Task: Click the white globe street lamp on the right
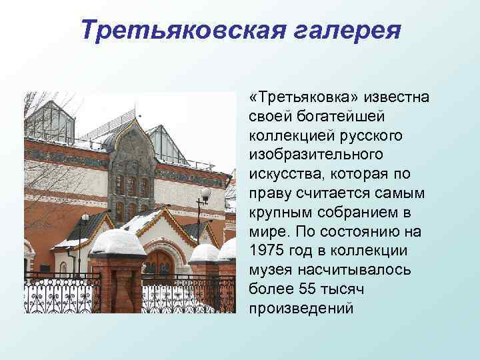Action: click(205, 194)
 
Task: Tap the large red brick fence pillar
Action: click(118, 283)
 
